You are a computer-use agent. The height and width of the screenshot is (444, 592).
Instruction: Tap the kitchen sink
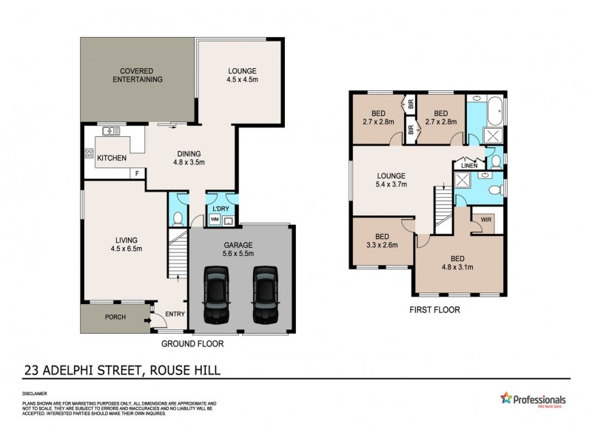coord(112,131)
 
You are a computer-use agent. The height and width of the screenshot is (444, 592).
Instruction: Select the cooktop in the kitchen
coord(90,155)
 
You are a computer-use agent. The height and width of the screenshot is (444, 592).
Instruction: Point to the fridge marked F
coord(136,173)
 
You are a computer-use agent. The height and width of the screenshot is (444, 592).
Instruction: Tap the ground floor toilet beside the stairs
coord(178,218)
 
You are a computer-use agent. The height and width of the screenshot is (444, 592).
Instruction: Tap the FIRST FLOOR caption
coord(436,311)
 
